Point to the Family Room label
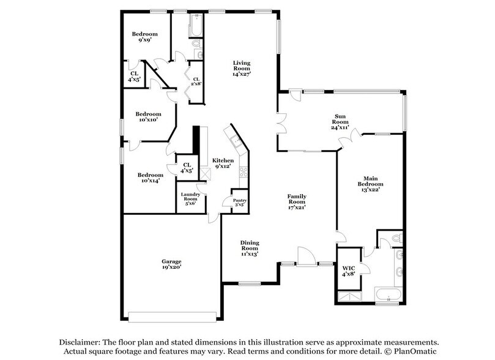point(297,202)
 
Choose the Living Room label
point(242,68)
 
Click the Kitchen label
point(223,163)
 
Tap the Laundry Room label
point(190,200)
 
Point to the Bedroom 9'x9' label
point(145,37)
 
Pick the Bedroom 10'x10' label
point(148,117)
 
